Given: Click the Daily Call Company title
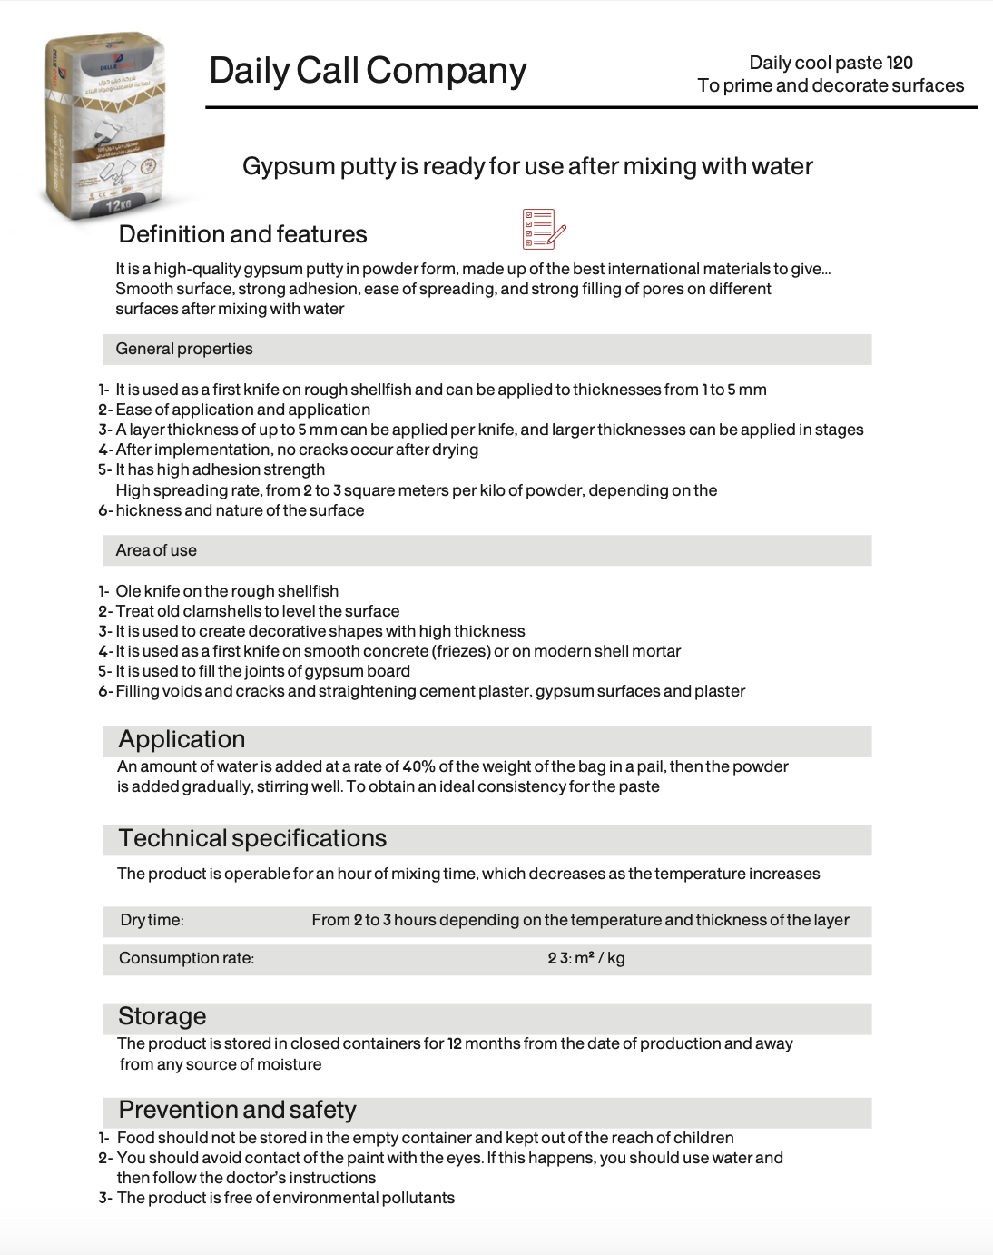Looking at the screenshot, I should pyautogui.click(x=368, y=71).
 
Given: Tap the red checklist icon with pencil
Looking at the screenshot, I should pyautogui.click(x=544, y=229).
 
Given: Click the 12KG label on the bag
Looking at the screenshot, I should pyautogui.click(x=119, y=205).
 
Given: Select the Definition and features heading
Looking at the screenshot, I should pyautogui.click(x=242, y=234).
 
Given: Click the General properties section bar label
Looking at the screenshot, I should pyautogui.click(x=184, y=349).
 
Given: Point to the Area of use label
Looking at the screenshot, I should pyautogui.click(x=156, y=550).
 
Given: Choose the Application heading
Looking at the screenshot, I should pyautogui.click(x=182, y=739).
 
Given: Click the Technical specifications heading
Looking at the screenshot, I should pyautogui.click(x=252, y=838).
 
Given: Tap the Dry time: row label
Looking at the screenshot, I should pyautogui.click(x=152, y=920).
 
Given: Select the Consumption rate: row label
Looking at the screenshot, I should pyautogui.click(x=186, y=958).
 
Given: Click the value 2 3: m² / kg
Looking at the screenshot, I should pyautogui.click(x=586, y=958).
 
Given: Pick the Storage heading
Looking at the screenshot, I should pyautogui.click(x=162, y=1016).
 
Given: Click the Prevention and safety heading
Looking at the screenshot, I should pyautogui.click(x=237, y=1110).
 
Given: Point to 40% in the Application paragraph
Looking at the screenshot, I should pyautogui.click(x=418, y=766).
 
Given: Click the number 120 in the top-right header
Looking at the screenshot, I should pyautogui.click(x=900, y=63).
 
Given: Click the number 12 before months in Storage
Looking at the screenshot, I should pyautogui.click(x=455, y=1043).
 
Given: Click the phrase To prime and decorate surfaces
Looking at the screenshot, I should pyautogui.click(x=831, y=85).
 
